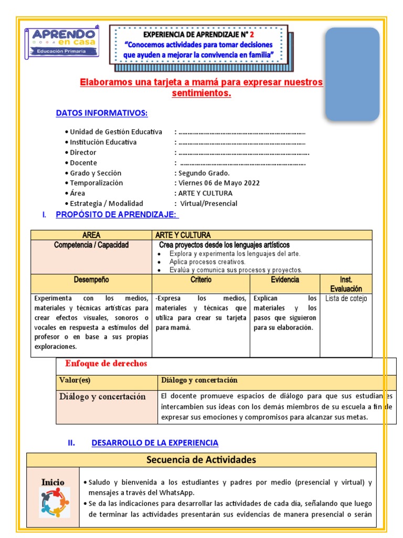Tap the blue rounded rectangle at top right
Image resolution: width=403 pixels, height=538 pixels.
pos(352,74)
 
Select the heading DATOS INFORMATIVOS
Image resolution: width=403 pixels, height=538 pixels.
pos(102,113)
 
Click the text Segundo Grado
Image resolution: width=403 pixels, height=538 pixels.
pos(204,173)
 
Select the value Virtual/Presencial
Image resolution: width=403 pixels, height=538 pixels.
pos(209,203)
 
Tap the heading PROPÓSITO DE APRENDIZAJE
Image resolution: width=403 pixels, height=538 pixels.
pos(117,214)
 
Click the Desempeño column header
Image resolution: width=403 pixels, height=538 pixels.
pos(91,280)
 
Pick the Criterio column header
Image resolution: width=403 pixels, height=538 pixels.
pos(201,280)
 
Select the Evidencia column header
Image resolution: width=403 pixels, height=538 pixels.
pos(285,280)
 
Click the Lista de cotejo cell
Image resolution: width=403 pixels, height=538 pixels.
pos(346,298)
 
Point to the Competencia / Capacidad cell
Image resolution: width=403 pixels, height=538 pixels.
pos(91,245)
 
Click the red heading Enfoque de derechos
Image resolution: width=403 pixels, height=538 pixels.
pos(106,364)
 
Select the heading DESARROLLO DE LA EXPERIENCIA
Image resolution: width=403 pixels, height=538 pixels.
pos(155,443)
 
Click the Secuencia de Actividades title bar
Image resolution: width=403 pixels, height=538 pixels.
pos(201,460)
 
